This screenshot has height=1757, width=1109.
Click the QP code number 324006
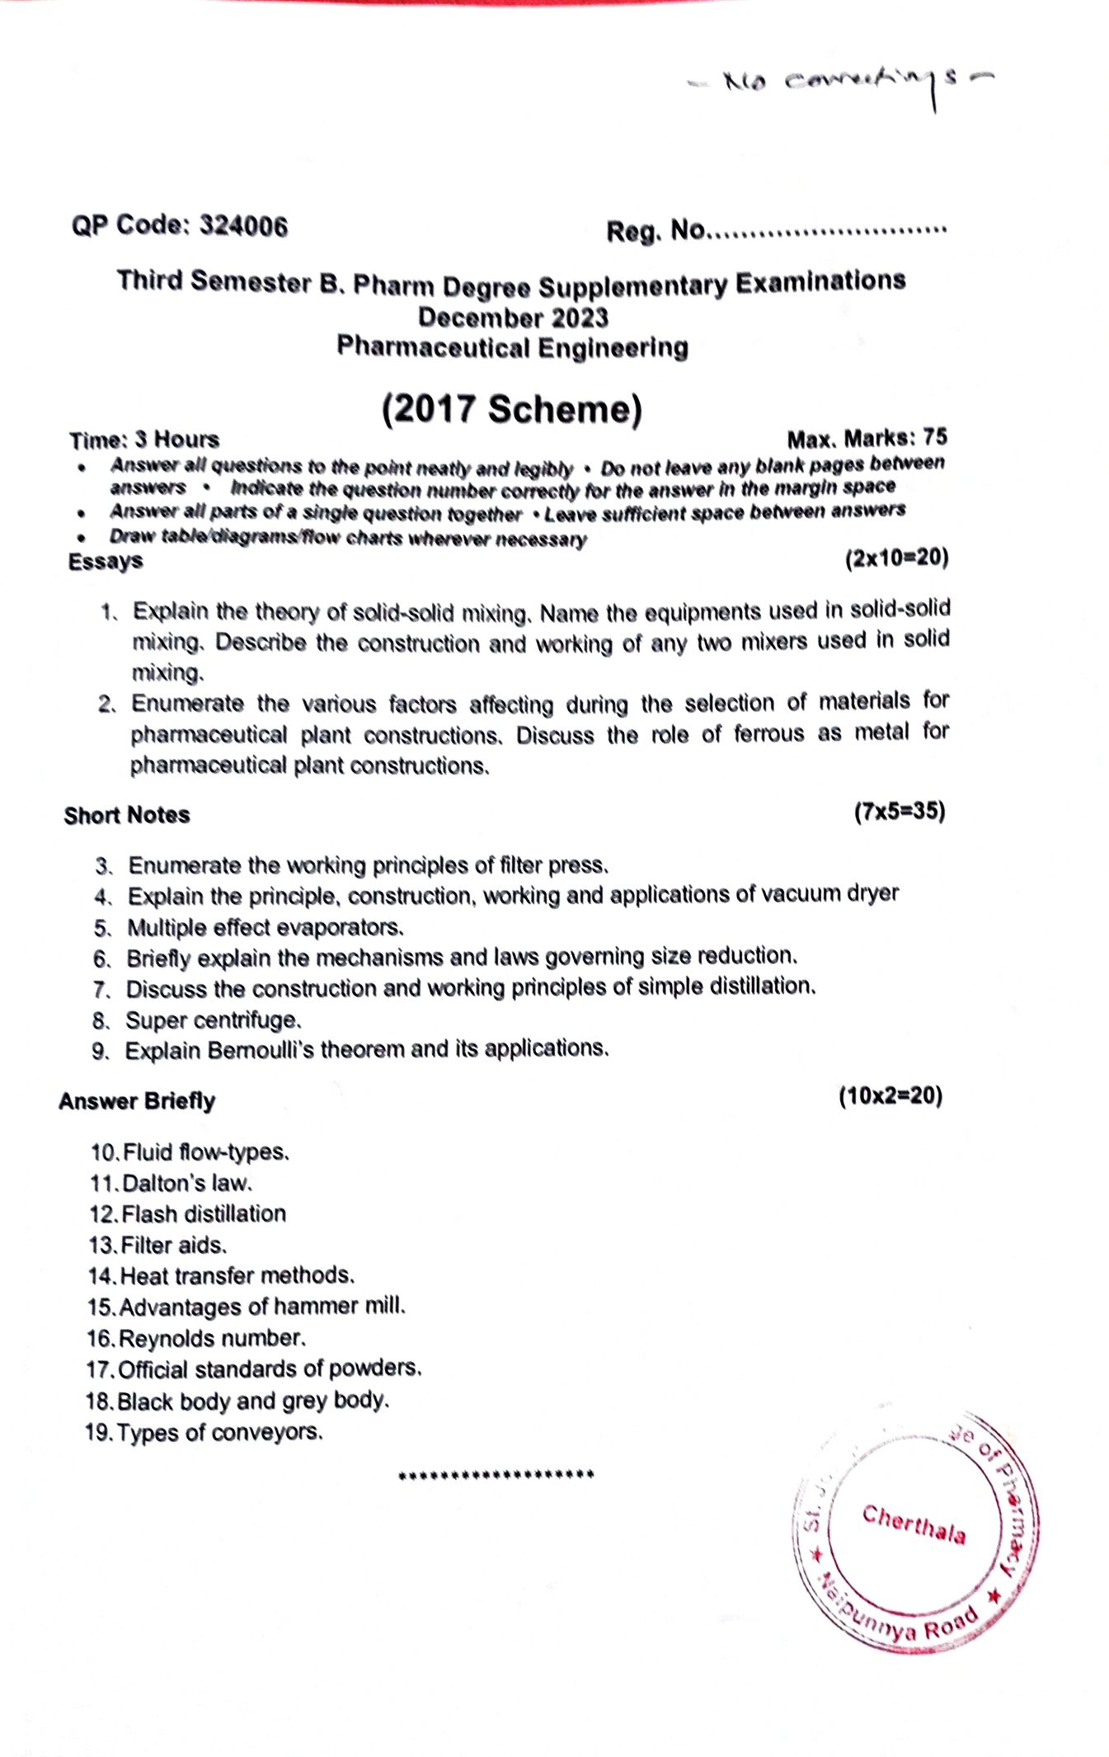pos(244,226)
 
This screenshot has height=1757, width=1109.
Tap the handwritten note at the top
pos(841,82)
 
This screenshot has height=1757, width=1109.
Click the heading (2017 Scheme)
pos(511,409)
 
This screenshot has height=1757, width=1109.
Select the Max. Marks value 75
pos(935,437)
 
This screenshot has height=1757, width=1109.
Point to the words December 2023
pos(513,318)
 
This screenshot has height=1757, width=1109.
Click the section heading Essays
pos(105,562)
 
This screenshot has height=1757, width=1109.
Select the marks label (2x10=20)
pos(896,558)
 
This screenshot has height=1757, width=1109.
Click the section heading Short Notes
pos(127,815)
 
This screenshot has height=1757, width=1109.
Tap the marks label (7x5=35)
pos(900,812)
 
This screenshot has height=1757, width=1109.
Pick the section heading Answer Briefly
pos(137,1101)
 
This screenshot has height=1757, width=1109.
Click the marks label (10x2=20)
pos(890,1096)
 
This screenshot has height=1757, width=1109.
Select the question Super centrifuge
pos(213,1020)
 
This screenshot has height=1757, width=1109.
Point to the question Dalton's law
pos(186,1183)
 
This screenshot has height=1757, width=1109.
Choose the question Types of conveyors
pos(219,1432)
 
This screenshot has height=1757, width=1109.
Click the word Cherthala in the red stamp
pos(914,1524)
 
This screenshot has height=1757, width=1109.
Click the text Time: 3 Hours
pos(144,440)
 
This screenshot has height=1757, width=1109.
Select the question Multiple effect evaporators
pos(265,928)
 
